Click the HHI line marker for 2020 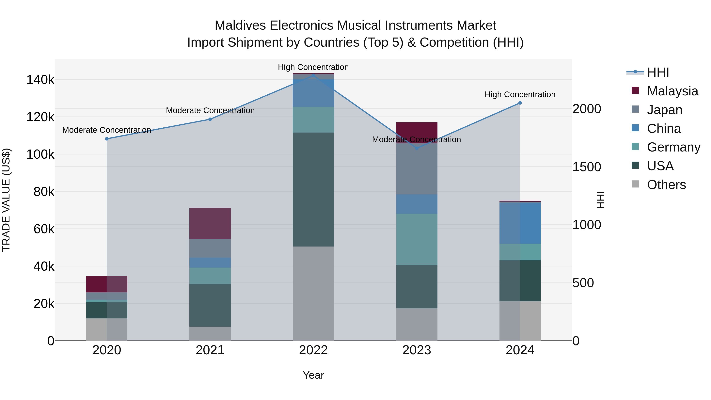(x=107, y=139)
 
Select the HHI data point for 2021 (x=210, y=119)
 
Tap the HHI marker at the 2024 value (x=520, y=103)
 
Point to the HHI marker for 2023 (x=417, y=148)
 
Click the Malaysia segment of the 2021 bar (x=210, y=223)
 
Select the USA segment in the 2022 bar (x=313, y=189)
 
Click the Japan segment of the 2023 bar (x=417, y=169)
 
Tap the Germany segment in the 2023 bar (x=417, y=239)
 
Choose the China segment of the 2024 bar (x=520, y=223)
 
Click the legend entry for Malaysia (x=672, y=91)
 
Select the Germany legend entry (x=673, y=147)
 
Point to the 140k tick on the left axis (x=40, y=80)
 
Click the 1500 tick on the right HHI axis (x=587, y=167)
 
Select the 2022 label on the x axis (x=313, y=350)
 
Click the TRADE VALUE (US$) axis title (x=6, y=200)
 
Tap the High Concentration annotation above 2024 (x=520, y=94)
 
